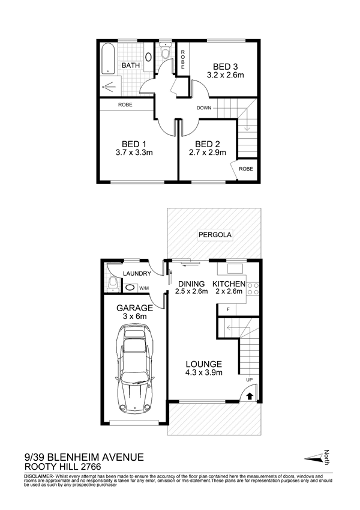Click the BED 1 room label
click(x=134, y=144)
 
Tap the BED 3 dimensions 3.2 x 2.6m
click(x=225, y=75)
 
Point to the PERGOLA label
click(x=215, y=234)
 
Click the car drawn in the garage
click(x=134, y=368)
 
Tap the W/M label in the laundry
click(x=143, y=288)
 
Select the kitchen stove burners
click(x=253, y=288)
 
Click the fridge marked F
click(x=228, y=309)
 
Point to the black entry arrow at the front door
click(x=250, y=396)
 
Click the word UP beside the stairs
click(x=249, y=380)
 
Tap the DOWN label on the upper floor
click(x=204, y=108)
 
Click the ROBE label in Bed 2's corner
click(x=245, y=169)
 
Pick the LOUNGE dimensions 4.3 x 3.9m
click(x=204, y=373)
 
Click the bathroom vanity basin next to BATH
click(x=148, y=57)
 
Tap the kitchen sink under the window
click(x=235, y=269)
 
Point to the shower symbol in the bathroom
click(x=109, y=87)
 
